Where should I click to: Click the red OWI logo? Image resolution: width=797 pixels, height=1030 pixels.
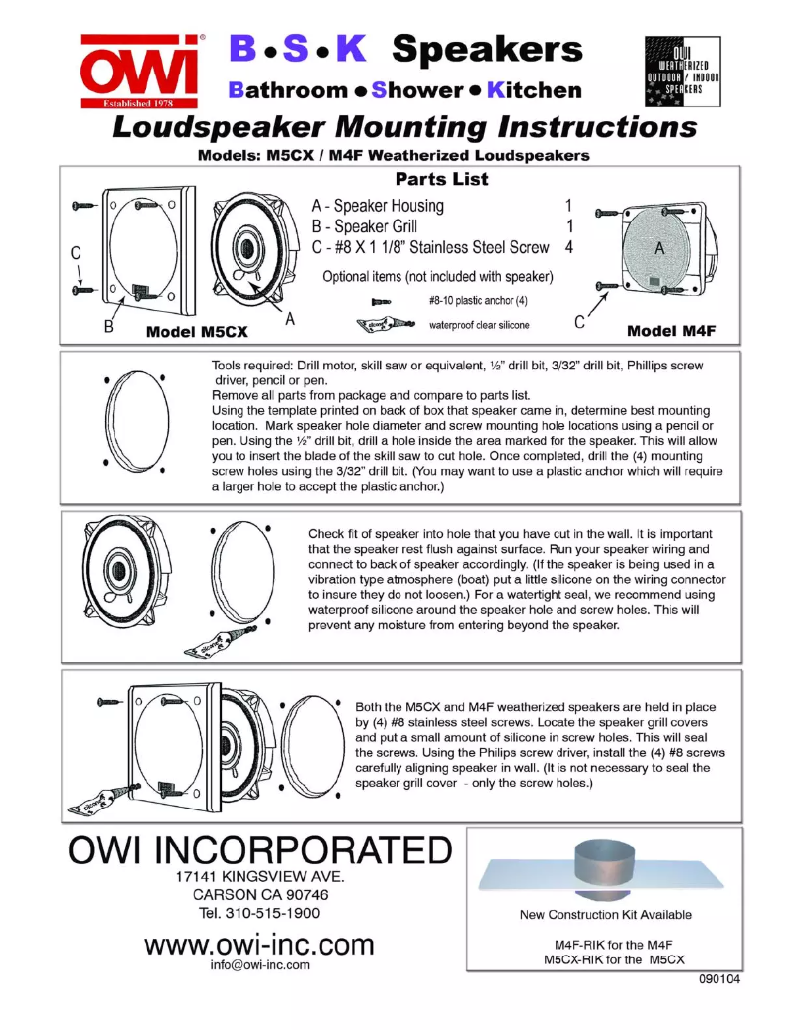[x=141, y=72]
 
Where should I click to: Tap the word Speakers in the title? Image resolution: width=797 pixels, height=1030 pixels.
[x=487, y=48]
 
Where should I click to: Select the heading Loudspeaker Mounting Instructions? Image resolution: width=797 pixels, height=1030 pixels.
[x=403, y=128]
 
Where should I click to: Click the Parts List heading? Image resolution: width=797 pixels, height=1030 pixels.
[x=441, y=180]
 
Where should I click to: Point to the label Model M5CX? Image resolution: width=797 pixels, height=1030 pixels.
[x=197, y=331]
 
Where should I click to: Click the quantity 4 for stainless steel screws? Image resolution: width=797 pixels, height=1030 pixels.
[x=569, y=247]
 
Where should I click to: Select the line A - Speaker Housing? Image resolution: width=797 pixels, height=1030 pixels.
[x=378, y=206]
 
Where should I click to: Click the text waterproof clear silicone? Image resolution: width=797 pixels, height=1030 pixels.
[x=480, y=324]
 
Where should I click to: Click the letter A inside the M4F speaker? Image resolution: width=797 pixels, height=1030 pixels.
[x=659, y=250]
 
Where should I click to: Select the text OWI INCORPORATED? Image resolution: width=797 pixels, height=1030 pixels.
[x=260, y=851]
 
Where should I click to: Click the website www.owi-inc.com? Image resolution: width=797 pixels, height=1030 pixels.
[x=259, y=944]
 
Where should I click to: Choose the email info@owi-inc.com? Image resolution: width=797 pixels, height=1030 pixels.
[x=260, y=964]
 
